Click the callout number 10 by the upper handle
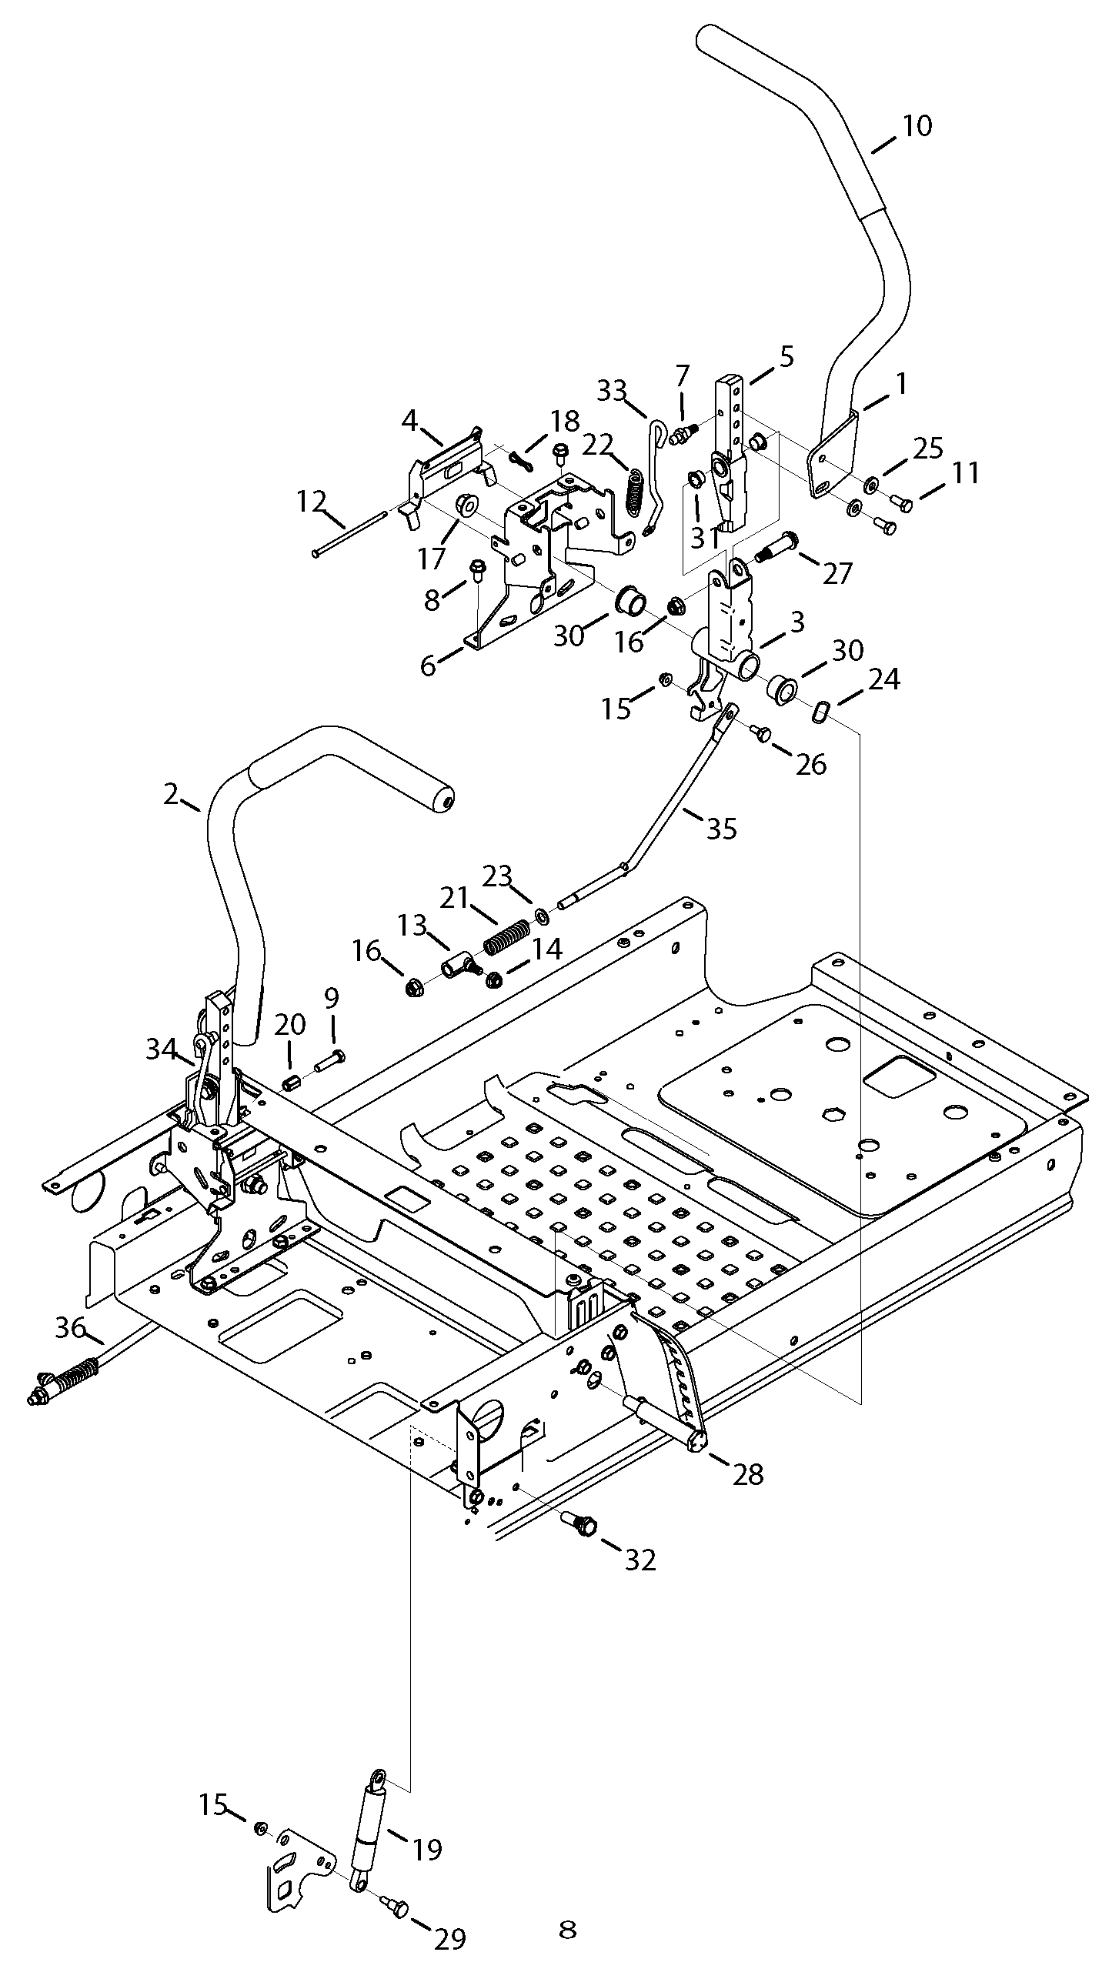(x=916, y=125)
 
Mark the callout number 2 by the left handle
(x=171, y=794)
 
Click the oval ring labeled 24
(x=818, y=712)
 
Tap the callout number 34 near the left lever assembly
(x=161, y=1048)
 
